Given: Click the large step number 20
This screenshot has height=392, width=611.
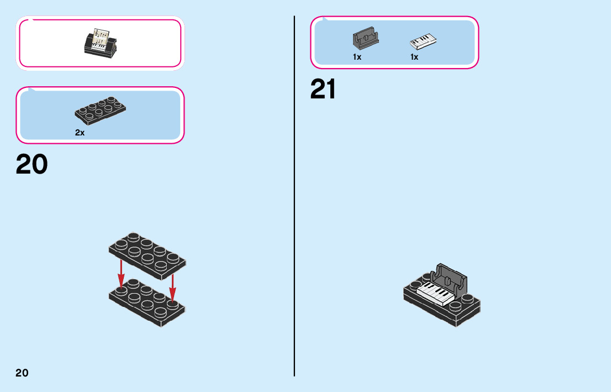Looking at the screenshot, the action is [x=32, y=164].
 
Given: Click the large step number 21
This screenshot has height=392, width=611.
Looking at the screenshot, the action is [x=323, y=89].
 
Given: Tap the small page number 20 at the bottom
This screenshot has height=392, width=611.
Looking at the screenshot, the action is [x=22, y=373].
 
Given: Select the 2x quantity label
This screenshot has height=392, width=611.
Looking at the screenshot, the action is [x=80, y=133].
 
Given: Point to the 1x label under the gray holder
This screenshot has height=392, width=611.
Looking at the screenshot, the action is [x=357, y=57].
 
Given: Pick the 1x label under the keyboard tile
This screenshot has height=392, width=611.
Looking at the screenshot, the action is [x=414, y=57].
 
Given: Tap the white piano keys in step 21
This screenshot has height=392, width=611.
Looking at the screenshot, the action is [x=436, y=292].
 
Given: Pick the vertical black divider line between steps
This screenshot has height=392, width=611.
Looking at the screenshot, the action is [x=294, y=221].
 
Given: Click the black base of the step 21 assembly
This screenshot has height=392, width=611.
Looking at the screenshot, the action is [x=442, y=312].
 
